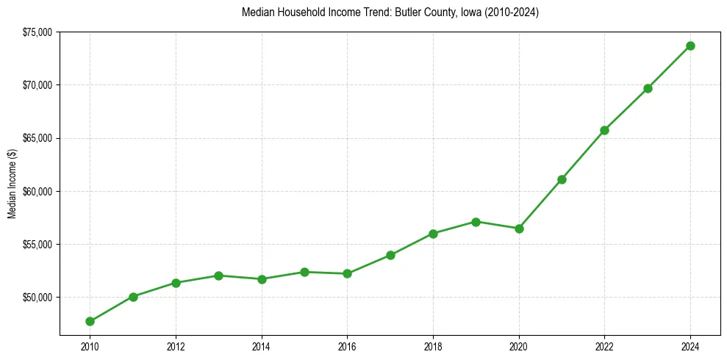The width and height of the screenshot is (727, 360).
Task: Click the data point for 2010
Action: (x=90, y=321)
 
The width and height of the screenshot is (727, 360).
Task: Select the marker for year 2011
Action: (x=133, y=297)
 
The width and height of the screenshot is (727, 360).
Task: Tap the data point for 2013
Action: (x=218, y=276)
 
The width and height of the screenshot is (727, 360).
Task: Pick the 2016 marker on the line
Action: (x=347, y=273)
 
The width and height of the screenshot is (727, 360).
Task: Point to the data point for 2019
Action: (x=476, y=222)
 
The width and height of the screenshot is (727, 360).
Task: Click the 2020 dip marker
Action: (x=519, y=228)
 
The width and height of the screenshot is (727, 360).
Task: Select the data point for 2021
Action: (x=562, y=179)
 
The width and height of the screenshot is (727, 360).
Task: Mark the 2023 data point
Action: (x=648, y=88)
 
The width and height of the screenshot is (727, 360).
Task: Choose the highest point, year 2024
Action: (x=690, y=46)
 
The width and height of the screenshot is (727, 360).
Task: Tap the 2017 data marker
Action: (x=390, y=255)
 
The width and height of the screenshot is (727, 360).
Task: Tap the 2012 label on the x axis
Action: (x=176, y=346)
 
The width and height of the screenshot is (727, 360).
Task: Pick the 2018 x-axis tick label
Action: (x=433, y=346)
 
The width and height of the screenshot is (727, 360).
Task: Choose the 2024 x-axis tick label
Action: (x=690, y=346)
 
